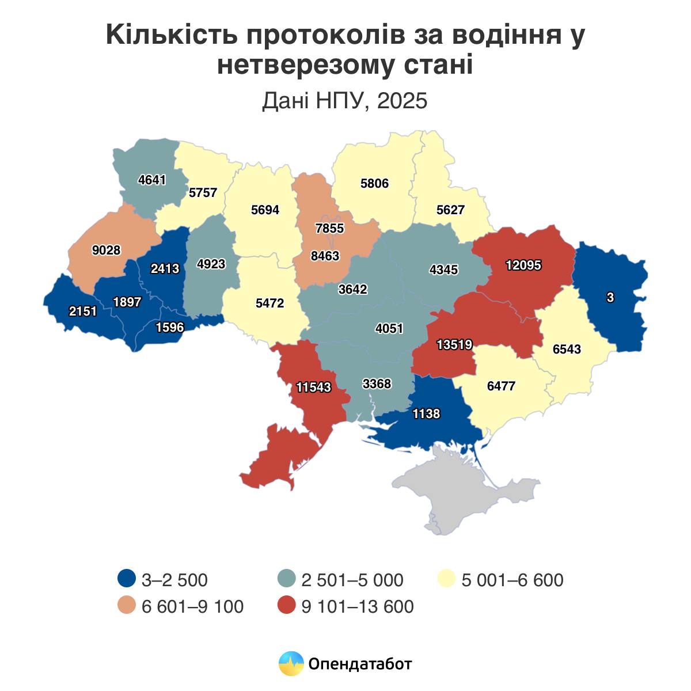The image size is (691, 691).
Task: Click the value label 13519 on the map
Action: click(454, 344)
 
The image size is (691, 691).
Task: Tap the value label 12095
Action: click(523, 265)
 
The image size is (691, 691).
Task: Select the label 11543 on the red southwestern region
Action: click(314, 387)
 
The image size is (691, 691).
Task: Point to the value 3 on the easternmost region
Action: click(610, 297)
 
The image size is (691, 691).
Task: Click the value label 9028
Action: click(106, 250)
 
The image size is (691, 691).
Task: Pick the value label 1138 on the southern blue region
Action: click(426, 413)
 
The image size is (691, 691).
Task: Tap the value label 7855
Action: click(329, 228)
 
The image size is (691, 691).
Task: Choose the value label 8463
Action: click(325, 256)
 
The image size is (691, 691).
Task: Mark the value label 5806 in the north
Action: click(374, 184)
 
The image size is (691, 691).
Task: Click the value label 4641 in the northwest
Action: click(152, 180)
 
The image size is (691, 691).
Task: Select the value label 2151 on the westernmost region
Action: click(83, 311)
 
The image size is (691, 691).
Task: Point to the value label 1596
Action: click(170, 327)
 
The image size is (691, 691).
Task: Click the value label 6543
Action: click(567, 349)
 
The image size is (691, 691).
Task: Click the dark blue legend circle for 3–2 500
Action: click(126, 579)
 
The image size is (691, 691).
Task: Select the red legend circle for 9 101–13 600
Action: click(286, 606)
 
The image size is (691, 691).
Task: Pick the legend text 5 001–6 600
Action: click(512, 579)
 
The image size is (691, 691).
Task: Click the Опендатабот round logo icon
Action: click(291, 663)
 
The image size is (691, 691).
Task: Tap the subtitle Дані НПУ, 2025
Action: click(345, 101)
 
